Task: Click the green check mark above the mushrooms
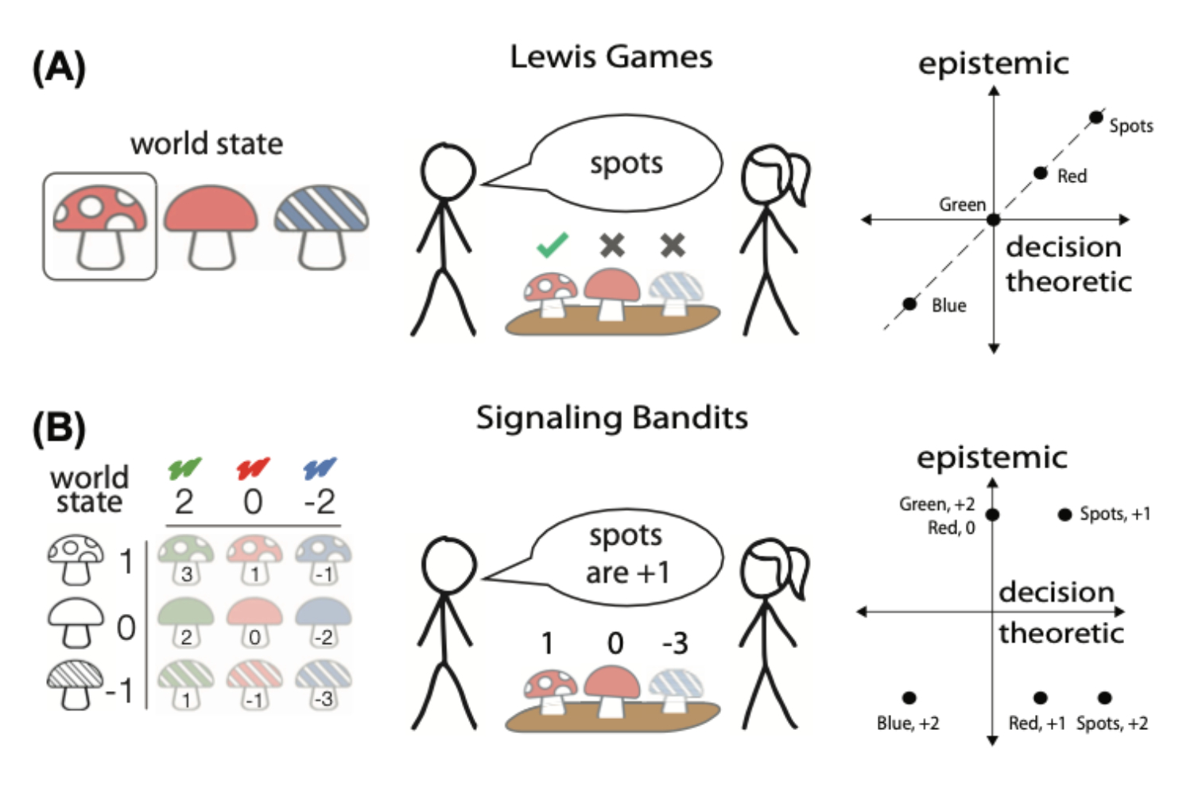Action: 553,245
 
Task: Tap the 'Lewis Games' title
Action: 611,57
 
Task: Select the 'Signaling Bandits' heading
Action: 611,418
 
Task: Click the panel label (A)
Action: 58,68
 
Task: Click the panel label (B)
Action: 58,428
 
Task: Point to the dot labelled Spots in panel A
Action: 1095,118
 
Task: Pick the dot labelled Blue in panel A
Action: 909,304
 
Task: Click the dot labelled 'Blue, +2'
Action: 909,698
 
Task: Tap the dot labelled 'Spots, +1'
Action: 1064,514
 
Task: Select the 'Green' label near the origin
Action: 962,204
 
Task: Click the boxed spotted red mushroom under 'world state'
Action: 100,227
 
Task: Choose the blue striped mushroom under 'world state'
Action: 321,227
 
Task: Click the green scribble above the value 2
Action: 184,468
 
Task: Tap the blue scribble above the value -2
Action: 320,468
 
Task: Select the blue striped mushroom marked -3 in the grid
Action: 323,686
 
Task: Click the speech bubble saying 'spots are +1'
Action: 627,554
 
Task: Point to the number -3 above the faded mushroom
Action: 675,643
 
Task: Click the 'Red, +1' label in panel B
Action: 1037,724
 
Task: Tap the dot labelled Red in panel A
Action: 1040,173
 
